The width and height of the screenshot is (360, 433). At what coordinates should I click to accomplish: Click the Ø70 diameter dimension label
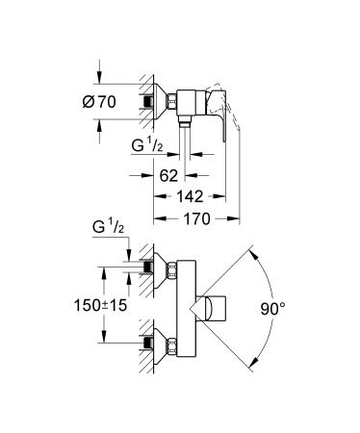click(x=99, y=102)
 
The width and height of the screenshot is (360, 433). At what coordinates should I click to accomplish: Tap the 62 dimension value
click(x=168, y=175)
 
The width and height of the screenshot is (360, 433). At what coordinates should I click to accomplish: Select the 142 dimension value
click(x=190, y=196)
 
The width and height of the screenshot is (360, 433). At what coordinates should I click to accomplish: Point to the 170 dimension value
click(x=196, y=218)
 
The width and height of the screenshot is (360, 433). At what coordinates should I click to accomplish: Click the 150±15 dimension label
click(x=100, y=305)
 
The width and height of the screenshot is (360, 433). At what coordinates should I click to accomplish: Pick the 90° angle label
click(x=272, y=309)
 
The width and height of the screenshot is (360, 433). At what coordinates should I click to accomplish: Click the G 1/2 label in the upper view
click(x=147, y=145)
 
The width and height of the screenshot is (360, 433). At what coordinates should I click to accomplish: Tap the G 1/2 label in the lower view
click(x=108, y=227)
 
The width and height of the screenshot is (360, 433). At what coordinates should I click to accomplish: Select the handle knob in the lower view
click(x=213, y=309)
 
